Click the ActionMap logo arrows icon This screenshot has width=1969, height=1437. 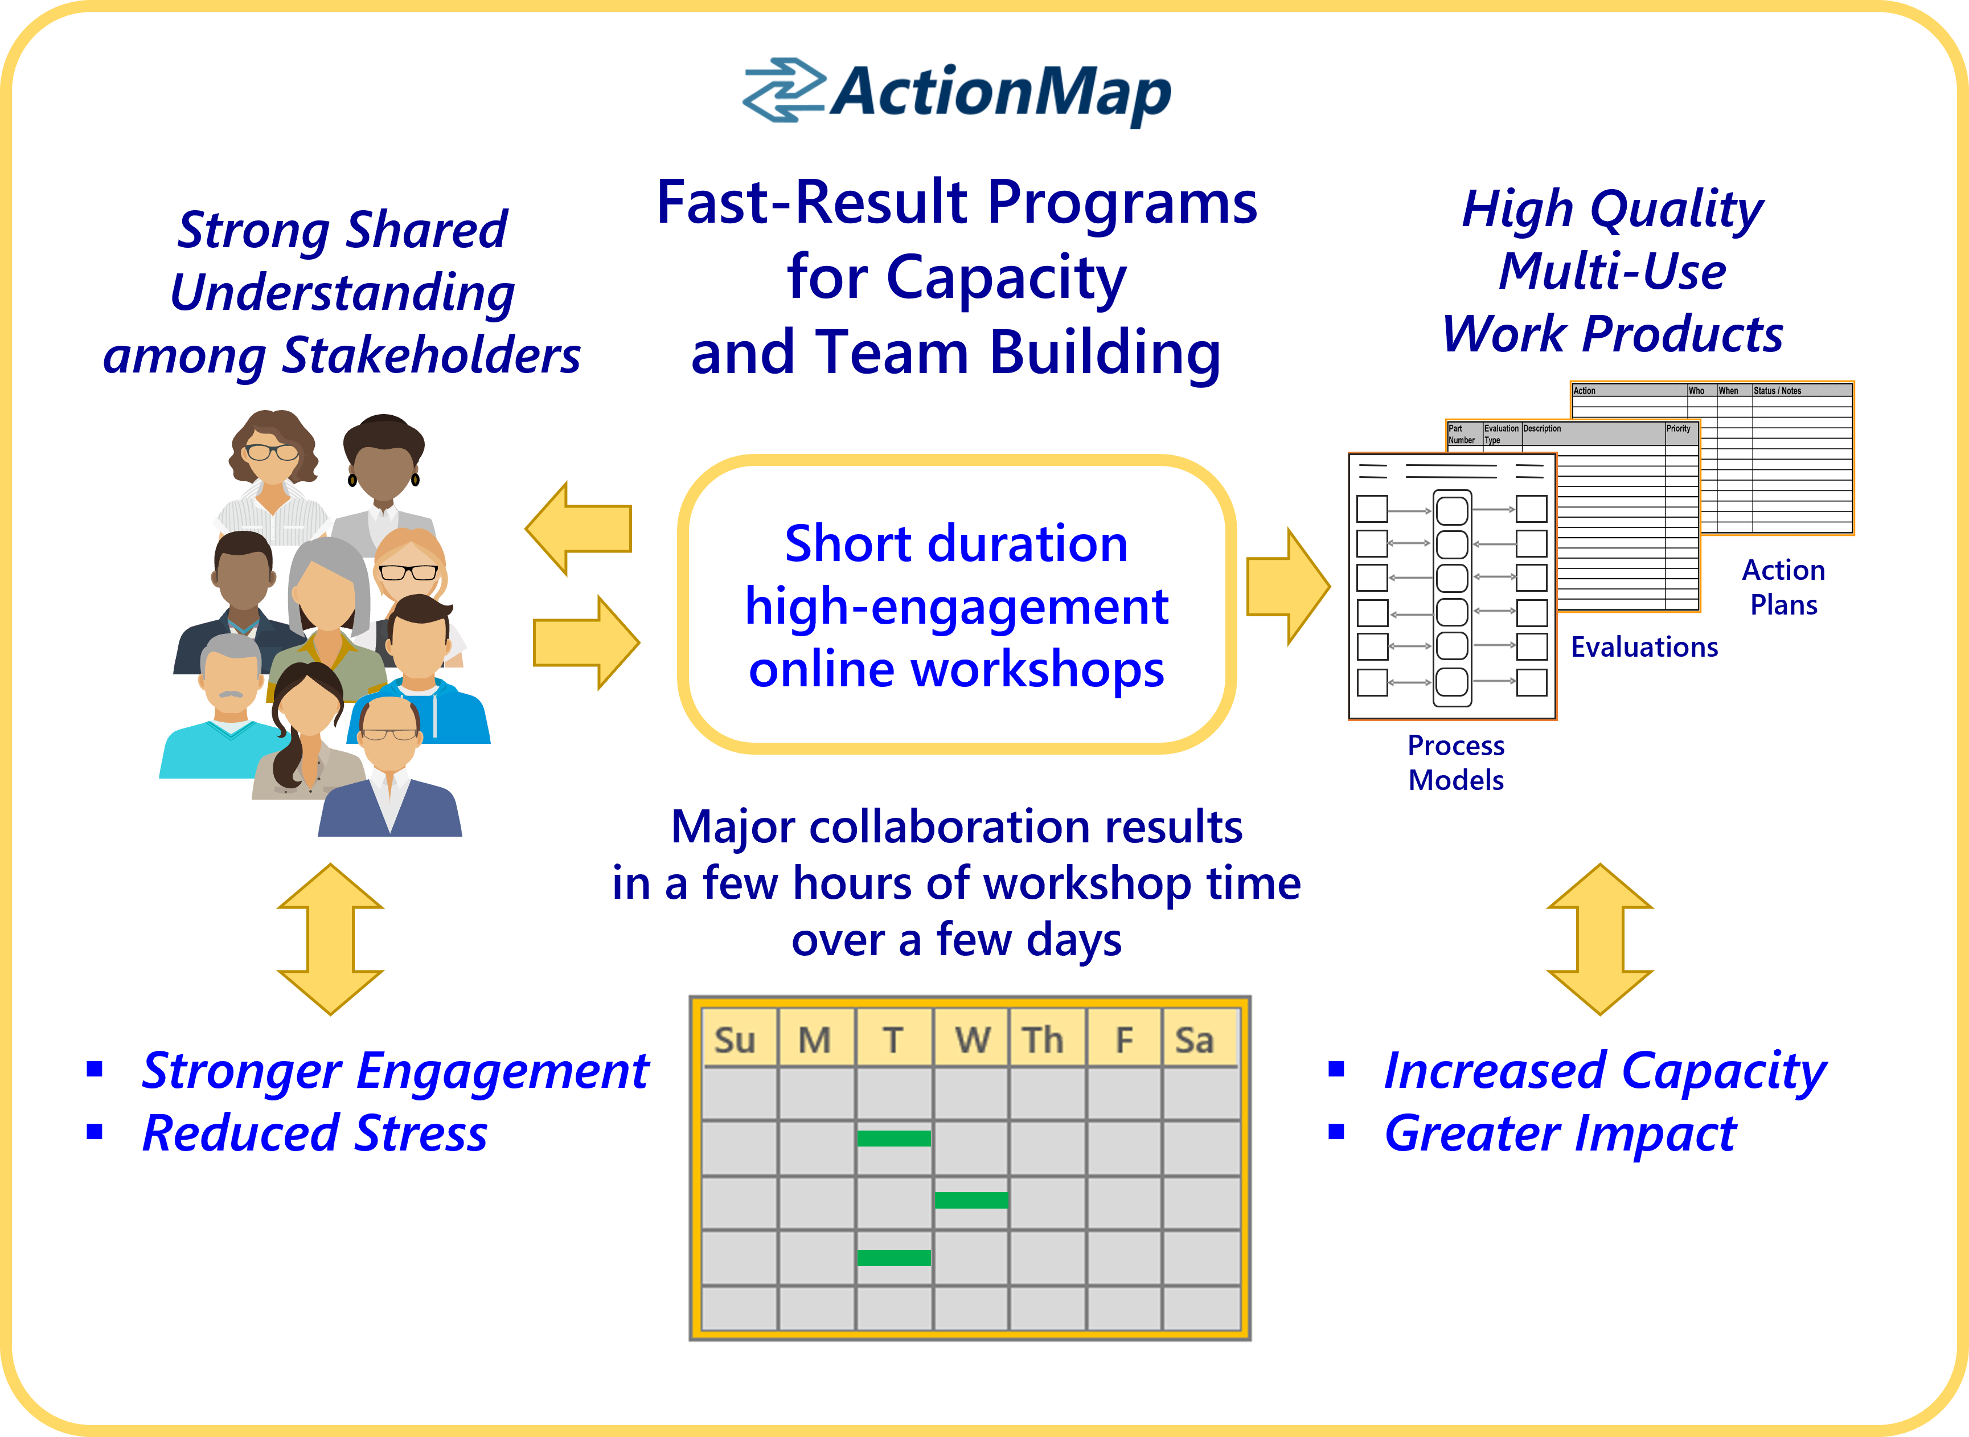[x=783, y=91]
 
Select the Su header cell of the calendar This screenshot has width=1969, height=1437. [x=735, y=1039]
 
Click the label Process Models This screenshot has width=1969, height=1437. [x=1455, y=762]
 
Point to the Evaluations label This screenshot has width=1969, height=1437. [x=1644, y=647]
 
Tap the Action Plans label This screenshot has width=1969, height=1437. [x=1783, y=587]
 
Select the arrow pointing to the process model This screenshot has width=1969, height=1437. [x=1287, y=587]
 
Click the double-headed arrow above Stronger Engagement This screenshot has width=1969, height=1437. [x=330, y=939]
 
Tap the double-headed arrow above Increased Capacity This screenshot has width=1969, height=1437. [x=1599, y=939]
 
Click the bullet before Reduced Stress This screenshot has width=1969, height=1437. [x=95, y=1132]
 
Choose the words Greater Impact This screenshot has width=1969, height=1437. [x=1560, y=1133]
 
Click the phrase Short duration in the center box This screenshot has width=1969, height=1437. [x=956, y=544]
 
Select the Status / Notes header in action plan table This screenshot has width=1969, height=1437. [x=1777, y=391]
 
